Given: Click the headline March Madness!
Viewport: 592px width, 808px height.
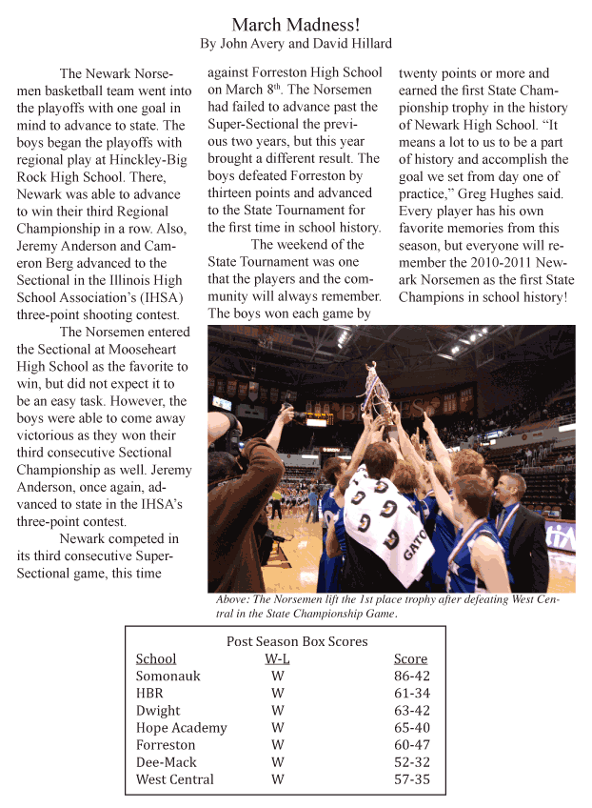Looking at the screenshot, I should tap(296, 23).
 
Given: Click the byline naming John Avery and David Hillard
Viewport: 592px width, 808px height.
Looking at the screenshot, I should tap(296, 44).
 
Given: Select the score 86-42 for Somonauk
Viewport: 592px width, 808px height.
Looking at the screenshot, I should tap(410, 677).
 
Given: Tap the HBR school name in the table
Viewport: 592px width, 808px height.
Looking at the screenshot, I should tap(150, 694).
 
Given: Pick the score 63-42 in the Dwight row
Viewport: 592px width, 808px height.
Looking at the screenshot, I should tap(410, 711).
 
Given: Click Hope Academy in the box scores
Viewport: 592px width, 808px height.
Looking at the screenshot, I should tap(181, 728).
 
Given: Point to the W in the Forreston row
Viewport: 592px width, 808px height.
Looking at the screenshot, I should tap(278, 745).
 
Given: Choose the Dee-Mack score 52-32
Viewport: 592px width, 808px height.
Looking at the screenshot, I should tap(410, 762).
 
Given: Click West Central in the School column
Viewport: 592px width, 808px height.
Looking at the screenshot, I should tap(174, 779).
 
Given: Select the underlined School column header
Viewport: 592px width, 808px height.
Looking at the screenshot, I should tap(156, 658).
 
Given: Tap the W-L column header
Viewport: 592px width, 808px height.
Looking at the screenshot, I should tap(278, 658).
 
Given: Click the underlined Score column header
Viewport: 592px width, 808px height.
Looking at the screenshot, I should tap(410, 658).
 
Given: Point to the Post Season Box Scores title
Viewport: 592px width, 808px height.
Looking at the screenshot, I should tap(296, 641).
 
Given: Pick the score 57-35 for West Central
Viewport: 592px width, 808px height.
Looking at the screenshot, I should tap(410, 779).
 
